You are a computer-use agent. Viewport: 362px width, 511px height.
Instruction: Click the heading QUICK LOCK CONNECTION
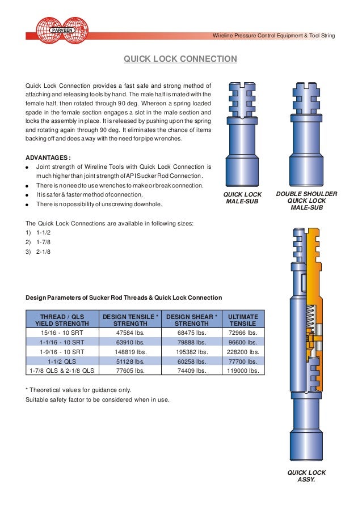pyautogui.click(x=180, y=58)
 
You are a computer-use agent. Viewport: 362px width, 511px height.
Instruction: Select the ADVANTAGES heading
pyautogui.click(x=48, y=157)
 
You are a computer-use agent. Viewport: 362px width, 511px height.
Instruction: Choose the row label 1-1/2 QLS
pyautogui.click(x=62, y=361)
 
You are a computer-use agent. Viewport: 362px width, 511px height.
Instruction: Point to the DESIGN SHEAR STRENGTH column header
pyautogui.click(x=192, y=320)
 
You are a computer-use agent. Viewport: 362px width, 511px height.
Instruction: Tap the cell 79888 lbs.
pyautogui.click(x=192, y=342)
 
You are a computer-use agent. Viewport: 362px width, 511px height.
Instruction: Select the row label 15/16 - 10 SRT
pyautogui.click(x=62, y=333)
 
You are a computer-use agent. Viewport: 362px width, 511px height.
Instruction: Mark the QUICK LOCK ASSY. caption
pyautogui.click(x=306, y=476)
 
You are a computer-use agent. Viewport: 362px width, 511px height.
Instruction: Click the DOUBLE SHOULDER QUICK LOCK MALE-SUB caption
pyautogui.click(x=306, y=201)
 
